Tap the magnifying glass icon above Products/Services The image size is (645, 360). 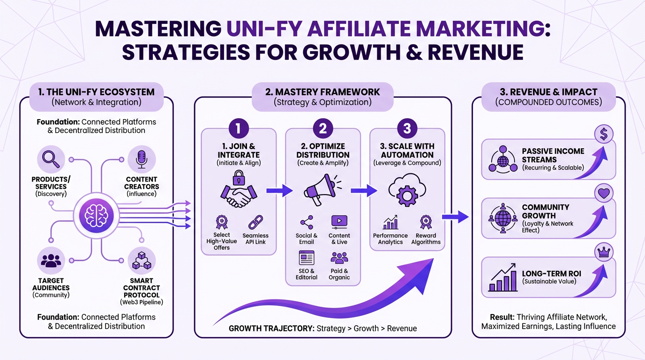[x=51, y=158]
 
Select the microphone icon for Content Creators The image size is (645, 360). [x=141, y=158]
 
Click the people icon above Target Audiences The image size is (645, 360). [x=51, y=261]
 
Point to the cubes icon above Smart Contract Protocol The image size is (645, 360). [x=142, y=261]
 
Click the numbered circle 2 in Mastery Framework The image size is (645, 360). [x=322, y=127]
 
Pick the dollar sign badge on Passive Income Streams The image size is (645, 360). [x=604, y=135]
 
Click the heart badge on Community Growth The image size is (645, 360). [x=604, y=193]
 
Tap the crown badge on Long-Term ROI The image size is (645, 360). [x=604, y=252]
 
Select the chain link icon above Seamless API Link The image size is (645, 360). [x=255, y=222]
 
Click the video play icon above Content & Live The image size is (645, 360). [x=339, y=220]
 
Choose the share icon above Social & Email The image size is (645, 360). [x=306, y=221]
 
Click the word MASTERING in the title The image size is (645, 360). [x=158, y=29]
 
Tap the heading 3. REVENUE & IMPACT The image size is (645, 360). [x=548, y=92]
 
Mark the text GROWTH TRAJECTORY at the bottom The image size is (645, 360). [x=270, y=328]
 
